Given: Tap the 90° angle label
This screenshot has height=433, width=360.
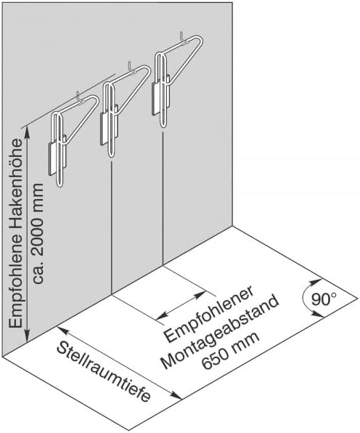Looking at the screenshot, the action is (324, 299).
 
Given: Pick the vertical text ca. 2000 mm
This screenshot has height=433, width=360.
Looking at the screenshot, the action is (37, 232).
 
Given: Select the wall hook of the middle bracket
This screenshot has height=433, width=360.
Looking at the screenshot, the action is (131, 68).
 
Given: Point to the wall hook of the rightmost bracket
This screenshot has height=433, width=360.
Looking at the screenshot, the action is (182, 38).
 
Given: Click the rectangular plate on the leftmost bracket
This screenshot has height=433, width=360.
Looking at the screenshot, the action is (57, 155).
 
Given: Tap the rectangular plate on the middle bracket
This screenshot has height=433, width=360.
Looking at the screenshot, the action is (109, 125).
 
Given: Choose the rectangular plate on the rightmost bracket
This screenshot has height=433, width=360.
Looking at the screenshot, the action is (160, 94).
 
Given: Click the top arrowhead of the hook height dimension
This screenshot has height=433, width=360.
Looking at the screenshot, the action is (27, 132).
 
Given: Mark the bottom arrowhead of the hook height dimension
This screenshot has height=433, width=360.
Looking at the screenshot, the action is (27, 336).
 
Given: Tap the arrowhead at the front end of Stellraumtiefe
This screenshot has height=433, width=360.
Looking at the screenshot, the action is (176, 396).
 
